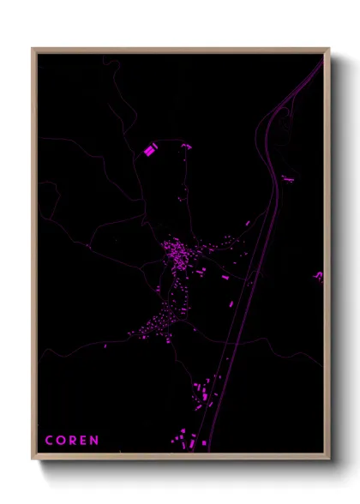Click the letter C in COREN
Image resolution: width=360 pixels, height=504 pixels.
(49, 441)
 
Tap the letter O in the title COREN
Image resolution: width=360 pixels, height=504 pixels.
(61, 441)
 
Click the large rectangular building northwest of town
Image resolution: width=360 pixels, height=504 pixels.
(151, 150)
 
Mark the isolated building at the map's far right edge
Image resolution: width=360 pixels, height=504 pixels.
(319, 276)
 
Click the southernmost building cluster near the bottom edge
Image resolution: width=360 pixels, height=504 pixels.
(184, 441)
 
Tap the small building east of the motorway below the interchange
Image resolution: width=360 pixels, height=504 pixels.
(287, 178)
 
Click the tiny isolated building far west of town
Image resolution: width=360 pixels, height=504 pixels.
(90, 247)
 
